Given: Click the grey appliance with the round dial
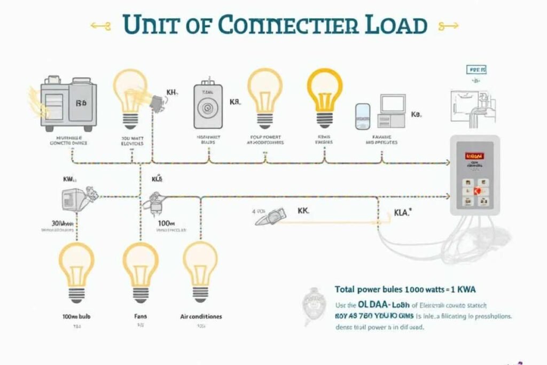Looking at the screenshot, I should point(206,106).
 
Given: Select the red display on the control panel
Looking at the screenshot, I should point(474,157).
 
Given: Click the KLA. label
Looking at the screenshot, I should point(401,213).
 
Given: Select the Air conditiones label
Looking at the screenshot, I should point(201,316).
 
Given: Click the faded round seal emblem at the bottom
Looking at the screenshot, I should point(314,306).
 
